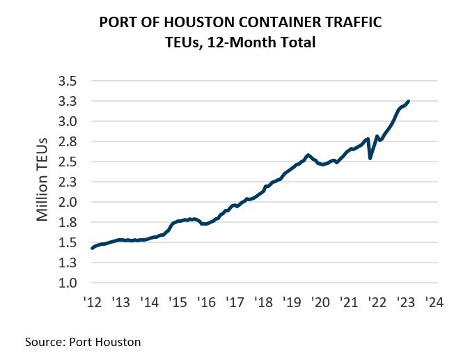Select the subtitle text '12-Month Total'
[x=269, y=43]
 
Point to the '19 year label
[x=292, y=303]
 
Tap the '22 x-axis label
[x=377, y=303]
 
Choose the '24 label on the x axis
[x=434, y=303]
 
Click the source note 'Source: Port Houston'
[x=83, y=342]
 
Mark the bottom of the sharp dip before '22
[x=370, y=158]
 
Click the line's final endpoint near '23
[x=409, y=101]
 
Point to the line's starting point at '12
[x=92, y=248]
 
